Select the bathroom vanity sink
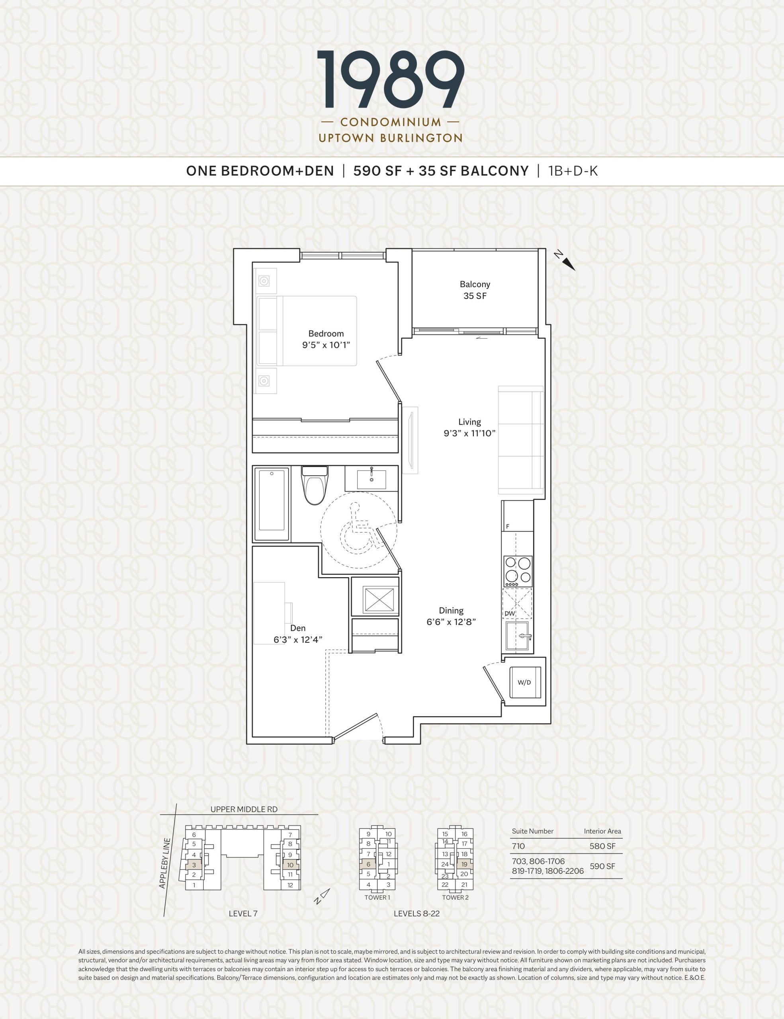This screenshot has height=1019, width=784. (371, 479)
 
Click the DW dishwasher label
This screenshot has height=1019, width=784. (509, 613)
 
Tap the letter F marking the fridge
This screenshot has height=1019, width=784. (507, 526)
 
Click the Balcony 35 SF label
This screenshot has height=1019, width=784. (475, 290)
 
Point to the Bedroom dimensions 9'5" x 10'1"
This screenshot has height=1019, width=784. (326, 345)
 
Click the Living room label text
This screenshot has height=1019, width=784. (469, 422)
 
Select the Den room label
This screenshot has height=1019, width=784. (298, 628)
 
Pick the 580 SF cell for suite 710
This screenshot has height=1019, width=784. (602, 846)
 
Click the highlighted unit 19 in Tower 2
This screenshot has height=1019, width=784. (464, 864)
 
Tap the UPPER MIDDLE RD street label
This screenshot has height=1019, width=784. (244, 809)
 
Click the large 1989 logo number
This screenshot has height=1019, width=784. (391, 79)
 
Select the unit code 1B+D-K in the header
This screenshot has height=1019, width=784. (573, 171)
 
